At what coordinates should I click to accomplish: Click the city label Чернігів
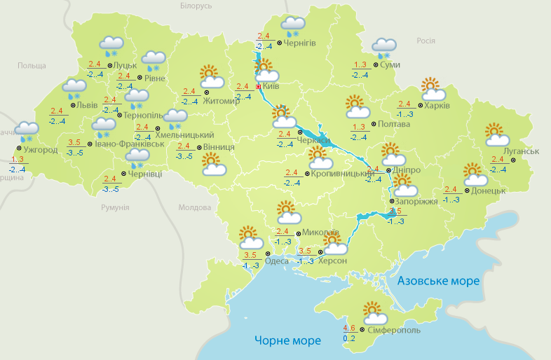(x=300, y=43)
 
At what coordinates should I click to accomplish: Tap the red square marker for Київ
(x=258, y=87)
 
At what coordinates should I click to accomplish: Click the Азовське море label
(x=438, y=281)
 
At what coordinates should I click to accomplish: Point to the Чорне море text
(x=287, y=340)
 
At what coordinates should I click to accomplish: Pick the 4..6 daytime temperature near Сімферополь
(x=349, y=328)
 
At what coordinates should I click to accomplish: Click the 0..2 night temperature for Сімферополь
(x=349, y=338)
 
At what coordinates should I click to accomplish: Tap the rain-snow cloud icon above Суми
(x=383, y=48)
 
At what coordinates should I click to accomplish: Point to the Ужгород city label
(x=40, y=148)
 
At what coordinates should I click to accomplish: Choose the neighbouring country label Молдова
(x=195, y=208)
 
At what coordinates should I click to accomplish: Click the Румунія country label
(x=115, y=208)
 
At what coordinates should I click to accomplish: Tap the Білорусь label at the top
(x=196, y=6)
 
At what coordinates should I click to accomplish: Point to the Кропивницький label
(x=340, y=172)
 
